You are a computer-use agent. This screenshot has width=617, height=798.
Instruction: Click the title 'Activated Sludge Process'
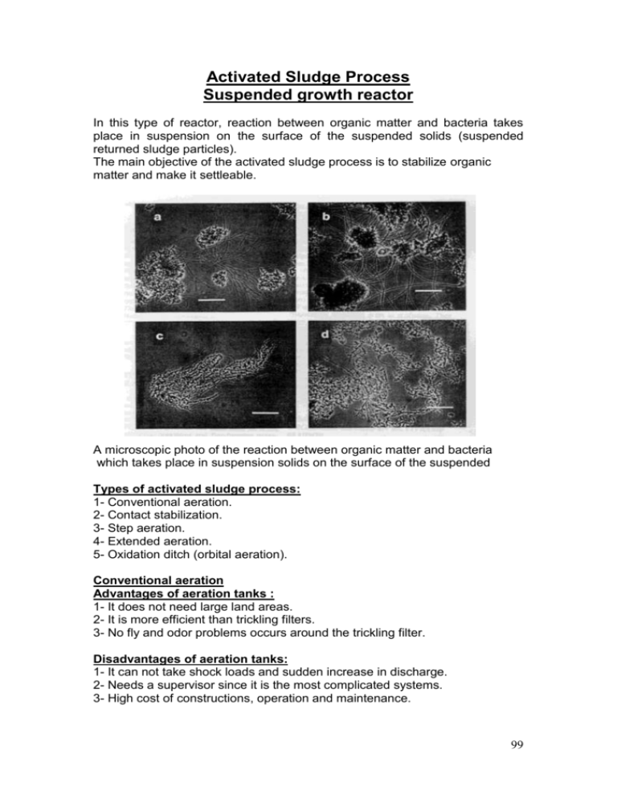308,78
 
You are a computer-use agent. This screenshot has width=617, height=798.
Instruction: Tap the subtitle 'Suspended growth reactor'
308,98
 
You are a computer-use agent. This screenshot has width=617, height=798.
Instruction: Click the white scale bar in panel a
210,299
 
